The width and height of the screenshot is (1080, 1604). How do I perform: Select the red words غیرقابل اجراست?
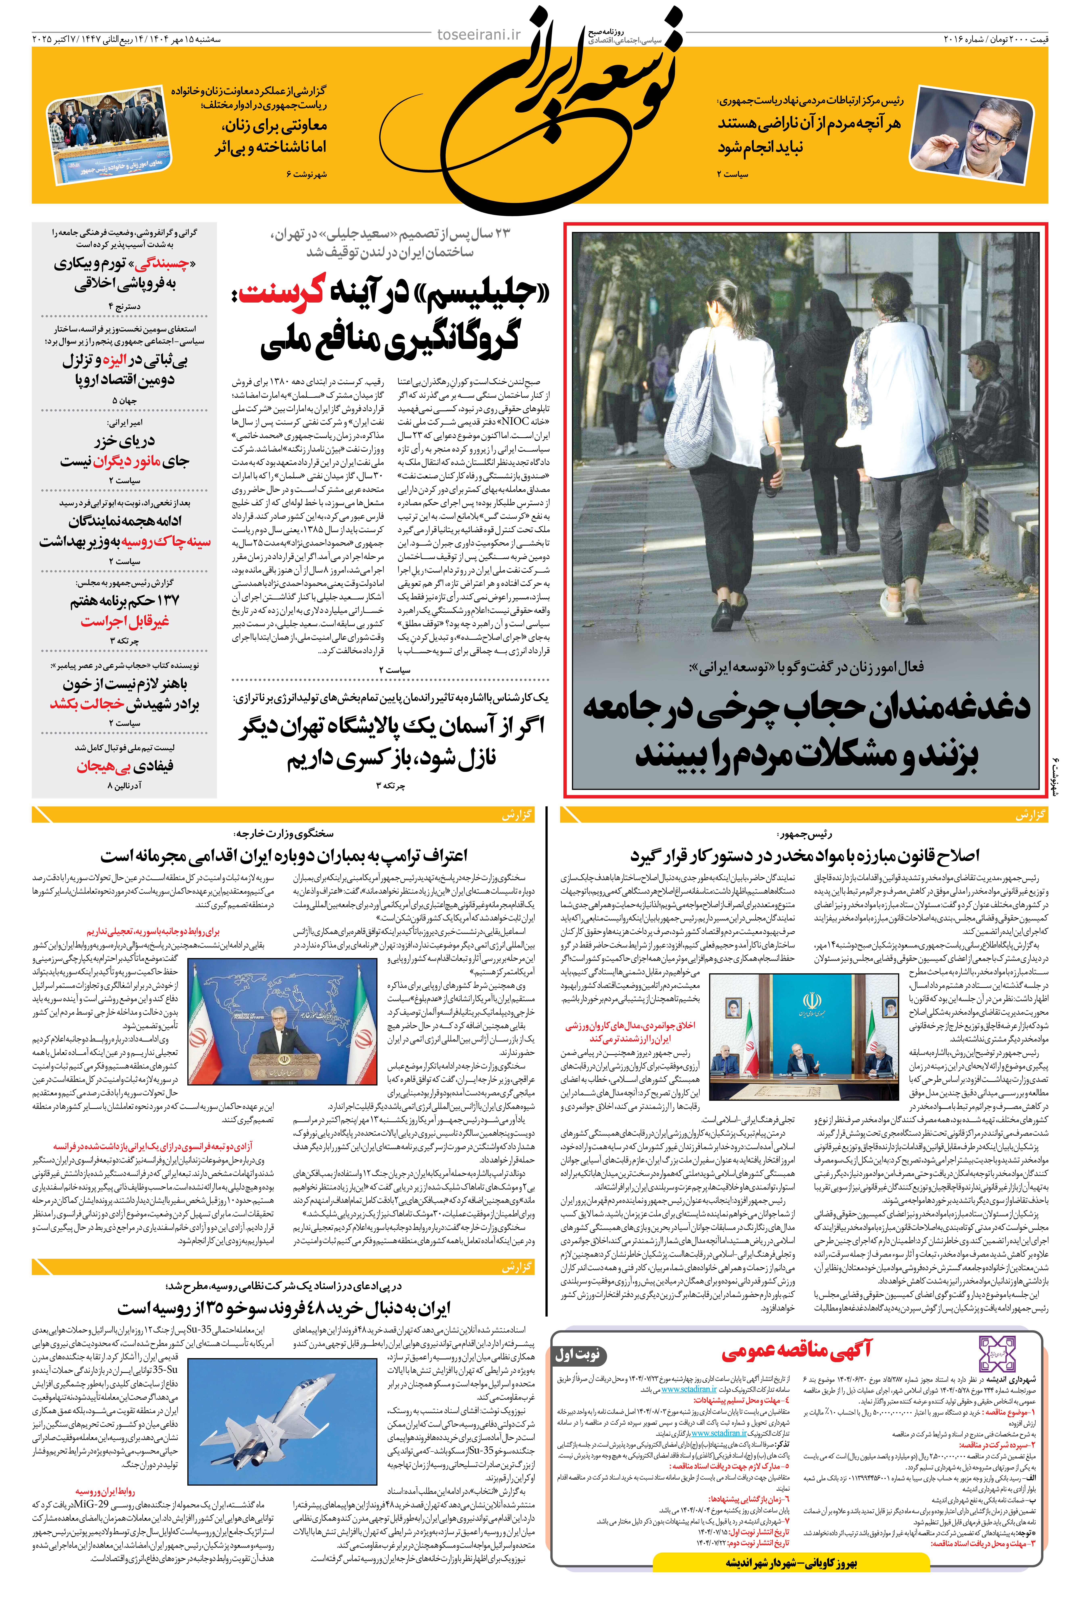coord(125,621)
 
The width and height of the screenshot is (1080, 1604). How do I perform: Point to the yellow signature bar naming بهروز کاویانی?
coord(791,1563)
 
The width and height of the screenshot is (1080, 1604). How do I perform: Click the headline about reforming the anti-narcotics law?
coord(804,855)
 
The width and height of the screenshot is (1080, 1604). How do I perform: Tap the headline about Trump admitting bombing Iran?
coord(284,855)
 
